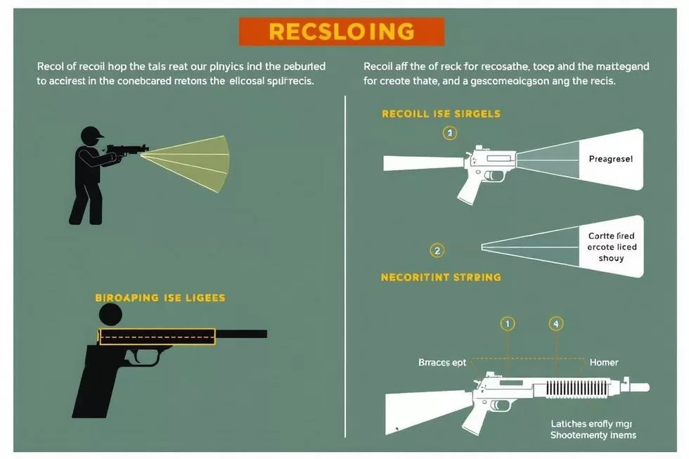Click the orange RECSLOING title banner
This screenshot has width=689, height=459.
pyautogui.click(x=342, y=32)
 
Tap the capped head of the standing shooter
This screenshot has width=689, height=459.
pyautogui.click(x=92, y=135)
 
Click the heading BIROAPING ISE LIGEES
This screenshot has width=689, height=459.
pyautogui.click(x=160, y=298)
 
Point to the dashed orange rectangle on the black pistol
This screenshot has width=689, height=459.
pyautogui.click(x=157, y=337)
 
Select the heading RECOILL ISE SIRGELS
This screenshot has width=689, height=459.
pyautogui.click(x=441, y=113)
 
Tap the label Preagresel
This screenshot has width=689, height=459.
pyautogui.click(x=610, y=160)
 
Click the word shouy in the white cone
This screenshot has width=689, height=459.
pyautogui.click(x=611, y=258)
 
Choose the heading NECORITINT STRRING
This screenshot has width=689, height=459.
pyautogui.click(x=441, y=277)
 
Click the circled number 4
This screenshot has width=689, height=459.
pyautogui.click(x=556, y=324)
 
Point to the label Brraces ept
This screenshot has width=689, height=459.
pyautogui.click(x=442, y=363)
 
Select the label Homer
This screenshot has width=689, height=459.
pyautogui.click(x=604, y=363)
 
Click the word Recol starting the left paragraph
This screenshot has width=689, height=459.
pyautogui.click(x=51, y=66)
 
